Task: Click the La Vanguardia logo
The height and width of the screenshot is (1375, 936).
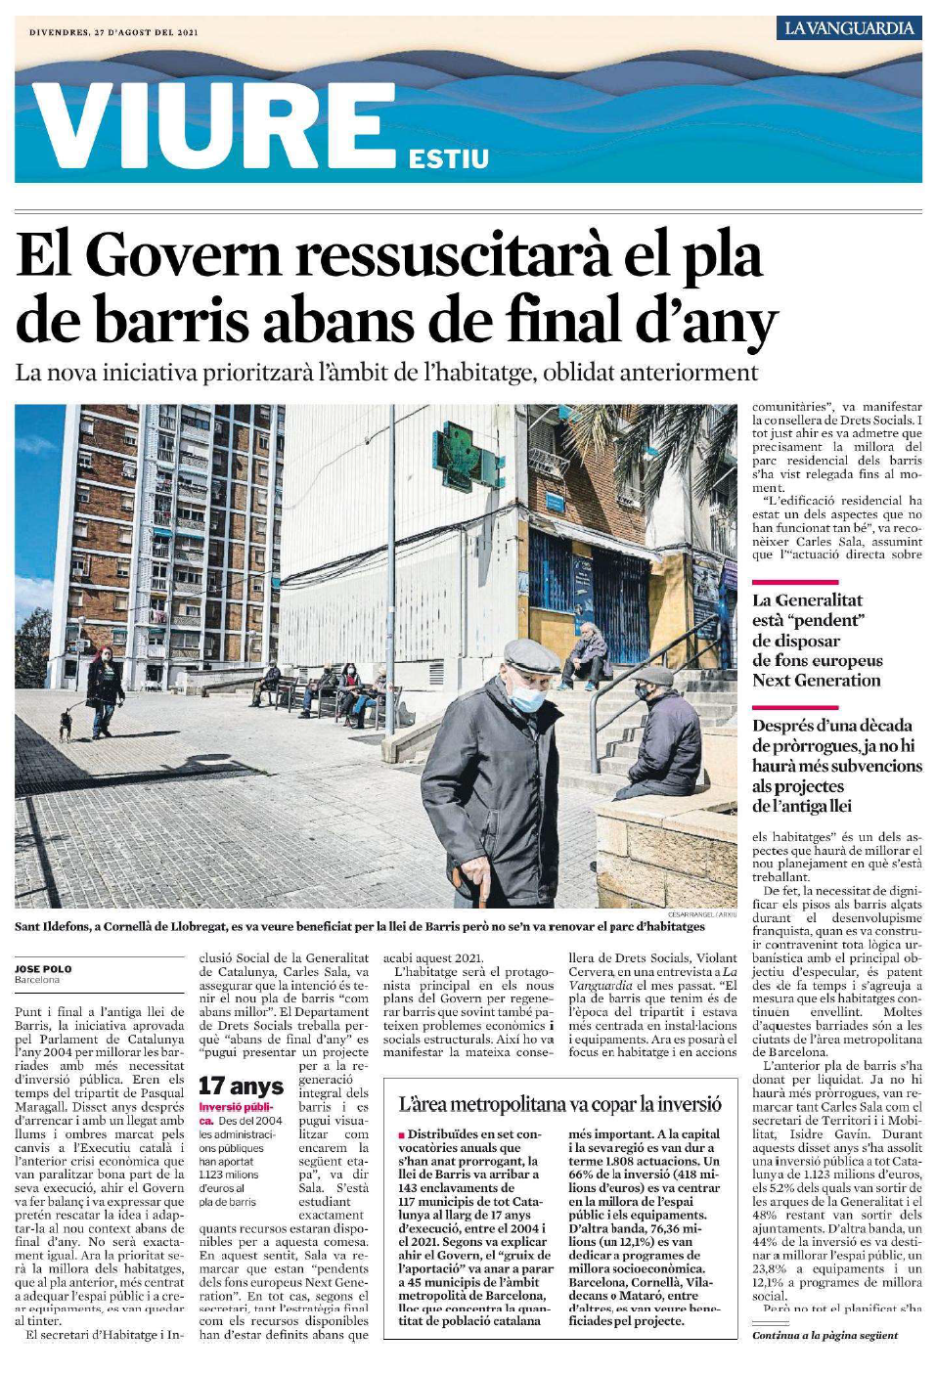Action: tap(849, 28)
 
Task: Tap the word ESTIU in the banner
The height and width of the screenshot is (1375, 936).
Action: tap(449, 158)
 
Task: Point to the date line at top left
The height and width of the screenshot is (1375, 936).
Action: tap(113, 32)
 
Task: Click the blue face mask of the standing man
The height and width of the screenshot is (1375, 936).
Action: tap(527, 696)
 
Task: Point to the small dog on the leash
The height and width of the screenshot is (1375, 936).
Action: tap(65, 724)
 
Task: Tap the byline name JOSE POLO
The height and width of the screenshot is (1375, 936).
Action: tap(43, 968)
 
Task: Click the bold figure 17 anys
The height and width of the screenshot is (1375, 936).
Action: tap(241, 1086)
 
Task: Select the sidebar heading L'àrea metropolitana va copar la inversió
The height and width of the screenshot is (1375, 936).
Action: tap(559, 1104)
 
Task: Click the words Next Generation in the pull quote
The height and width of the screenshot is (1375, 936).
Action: tap(816, 681)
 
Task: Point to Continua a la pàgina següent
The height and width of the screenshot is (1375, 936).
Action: tap(825, 1335)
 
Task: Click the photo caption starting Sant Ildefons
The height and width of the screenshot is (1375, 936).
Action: tap(360, 926)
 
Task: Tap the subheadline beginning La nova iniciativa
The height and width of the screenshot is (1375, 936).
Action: tap(386, 373)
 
